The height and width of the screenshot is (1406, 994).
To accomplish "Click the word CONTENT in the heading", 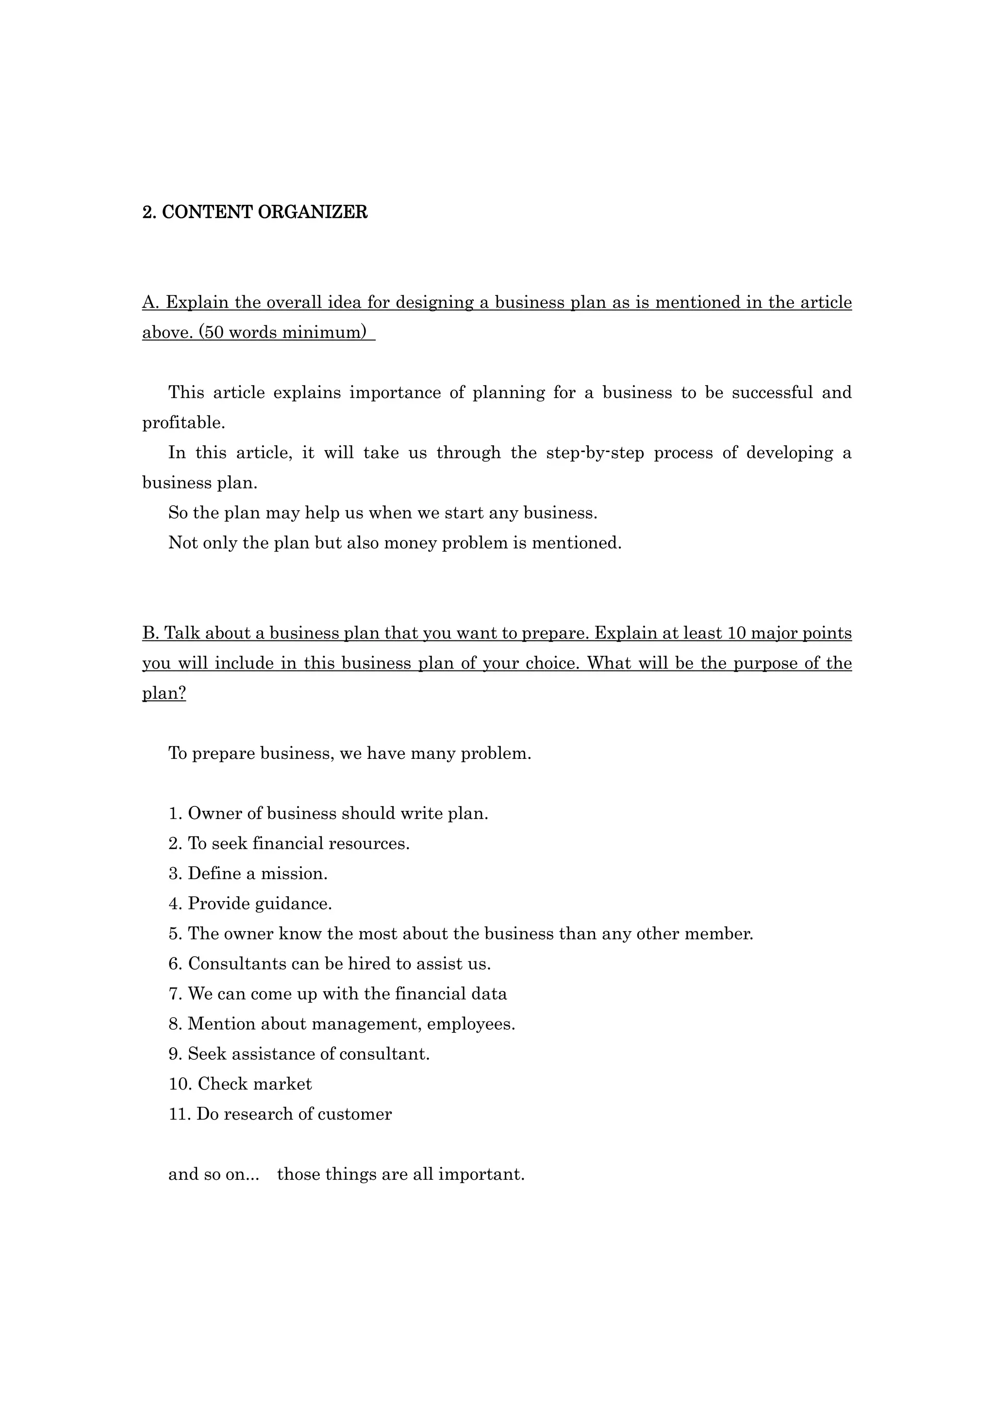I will [207, 213].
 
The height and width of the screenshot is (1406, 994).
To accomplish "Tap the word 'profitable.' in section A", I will [183, 422].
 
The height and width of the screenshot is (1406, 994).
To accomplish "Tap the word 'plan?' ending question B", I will [164, 693].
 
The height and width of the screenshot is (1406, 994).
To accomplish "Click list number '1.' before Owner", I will [176, 814].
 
